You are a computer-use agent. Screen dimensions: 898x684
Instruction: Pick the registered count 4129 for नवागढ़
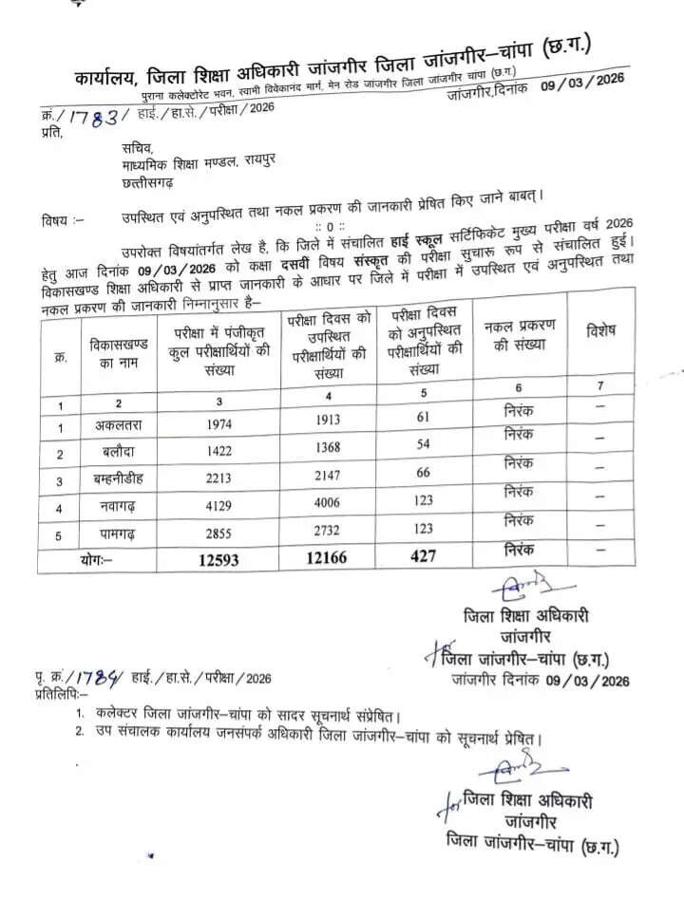(218, 507)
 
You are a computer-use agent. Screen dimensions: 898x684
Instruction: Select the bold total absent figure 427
(424, 555)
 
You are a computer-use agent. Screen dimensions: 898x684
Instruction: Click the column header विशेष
(600, 330)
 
